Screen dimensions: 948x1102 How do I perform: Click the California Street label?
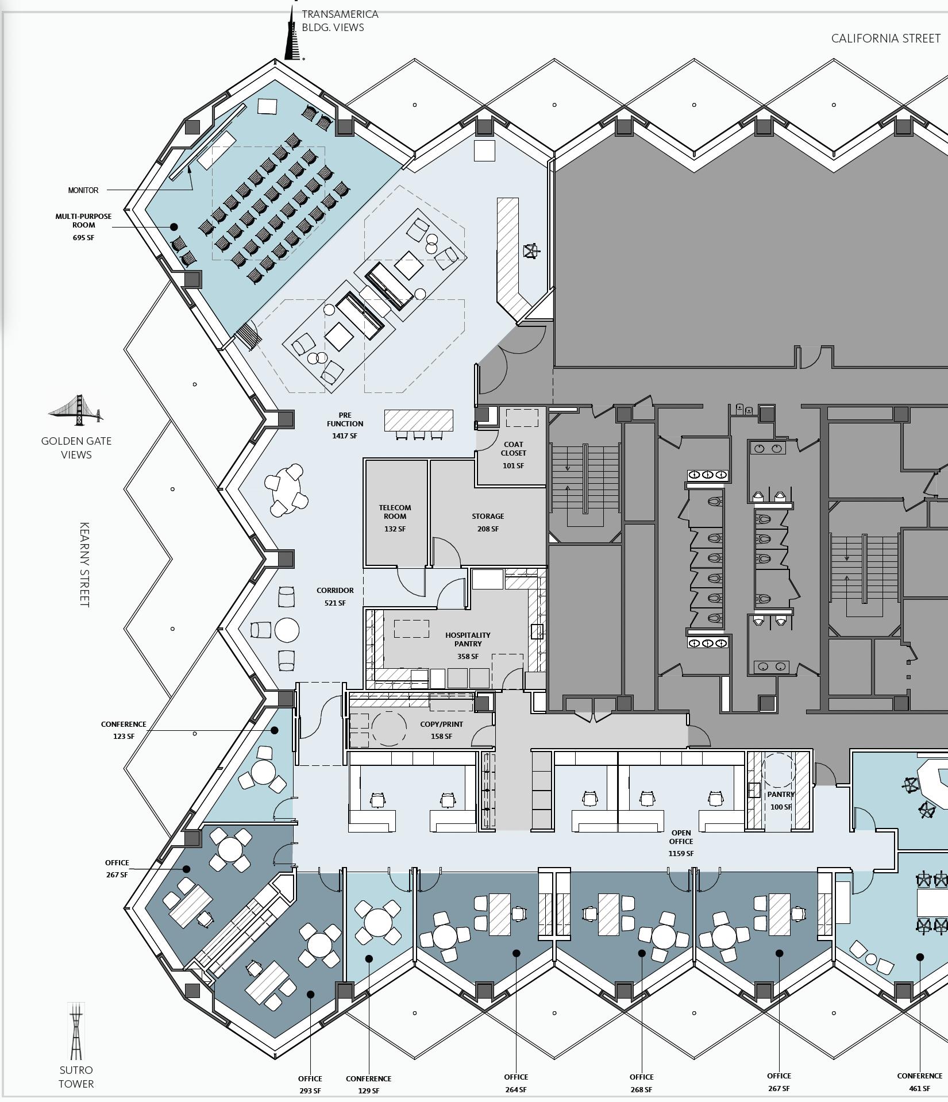885,38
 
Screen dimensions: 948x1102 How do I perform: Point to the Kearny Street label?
84,564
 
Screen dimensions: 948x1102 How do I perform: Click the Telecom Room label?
395,512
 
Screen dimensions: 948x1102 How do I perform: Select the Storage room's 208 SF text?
488,529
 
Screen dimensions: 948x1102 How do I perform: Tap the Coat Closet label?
513,449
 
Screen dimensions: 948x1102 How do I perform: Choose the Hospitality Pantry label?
468,639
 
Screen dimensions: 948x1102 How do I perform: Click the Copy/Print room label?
441,725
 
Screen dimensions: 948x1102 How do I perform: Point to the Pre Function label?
345,419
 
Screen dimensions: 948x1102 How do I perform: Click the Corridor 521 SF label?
335,596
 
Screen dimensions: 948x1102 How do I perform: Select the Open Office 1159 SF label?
681,843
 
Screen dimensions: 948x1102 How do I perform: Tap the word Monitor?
83,190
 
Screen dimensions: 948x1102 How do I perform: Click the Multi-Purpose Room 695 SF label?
83,226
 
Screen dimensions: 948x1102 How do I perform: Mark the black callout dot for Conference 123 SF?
274,730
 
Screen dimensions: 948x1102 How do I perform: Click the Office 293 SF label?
310,1084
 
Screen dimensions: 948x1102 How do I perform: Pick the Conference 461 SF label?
919,1082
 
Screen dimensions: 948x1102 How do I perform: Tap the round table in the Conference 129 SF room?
377,923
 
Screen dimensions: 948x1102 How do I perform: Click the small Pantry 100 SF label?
780,800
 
